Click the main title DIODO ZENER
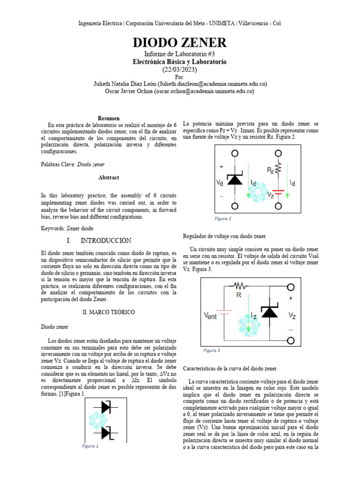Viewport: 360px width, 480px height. click(180, 43)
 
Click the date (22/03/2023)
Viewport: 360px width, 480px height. click(180, 69)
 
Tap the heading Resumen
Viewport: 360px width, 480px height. click(109, 118)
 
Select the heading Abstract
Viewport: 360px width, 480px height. click(109, 178)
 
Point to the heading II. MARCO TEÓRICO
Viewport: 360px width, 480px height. click(109, 312)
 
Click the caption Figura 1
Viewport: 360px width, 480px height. click(90, 446)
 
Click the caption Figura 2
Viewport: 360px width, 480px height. click(223, 218)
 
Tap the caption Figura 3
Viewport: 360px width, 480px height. click(211, 350)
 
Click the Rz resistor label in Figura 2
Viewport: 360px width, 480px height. click(270, 170)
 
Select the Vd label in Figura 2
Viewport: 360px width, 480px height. click(220, 182)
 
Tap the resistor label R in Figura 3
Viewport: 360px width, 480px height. click(239, 295)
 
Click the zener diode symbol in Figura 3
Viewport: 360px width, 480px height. click(270, 311)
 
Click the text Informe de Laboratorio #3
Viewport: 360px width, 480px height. click(180, 54)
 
